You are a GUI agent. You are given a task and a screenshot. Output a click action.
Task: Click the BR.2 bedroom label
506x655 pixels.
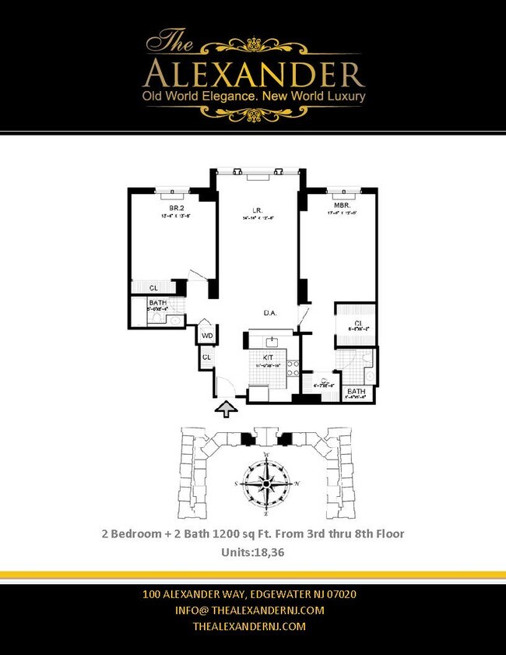(x=177, y=208)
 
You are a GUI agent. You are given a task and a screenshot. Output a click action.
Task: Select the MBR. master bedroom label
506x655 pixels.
(x=342, y=207)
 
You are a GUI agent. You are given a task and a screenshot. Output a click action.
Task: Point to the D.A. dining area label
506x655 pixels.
(x=270, y=313)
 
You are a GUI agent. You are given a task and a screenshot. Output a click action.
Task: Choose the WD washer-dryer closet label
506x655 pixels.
(x=207, y=336)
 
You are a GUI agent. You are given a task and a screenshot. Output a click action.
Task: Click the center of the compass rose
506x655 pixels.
(x=266, y=484)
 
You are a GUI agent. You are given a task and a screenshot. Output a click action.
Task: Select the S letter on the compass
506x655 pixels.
(x=235, y=484)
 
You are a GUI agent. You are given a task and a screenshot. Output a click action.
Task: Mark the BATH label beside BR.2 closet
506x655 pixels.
(x=158, y=303)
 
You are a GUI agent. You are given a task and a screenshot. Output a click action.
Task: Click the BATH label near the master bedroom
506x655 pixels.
(x=357, y=391)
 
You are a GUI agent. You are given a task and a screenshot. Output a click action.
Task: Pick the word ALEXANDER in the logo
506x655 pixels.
(x=254, y=74)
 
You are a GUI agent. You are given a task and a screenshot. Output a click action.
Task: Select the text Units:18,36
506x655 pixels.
(x=254, y=551)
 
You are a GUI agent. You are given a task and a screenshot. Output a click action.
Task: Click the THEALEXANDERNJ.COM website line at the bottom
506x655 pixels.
(x=249, y=626)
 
